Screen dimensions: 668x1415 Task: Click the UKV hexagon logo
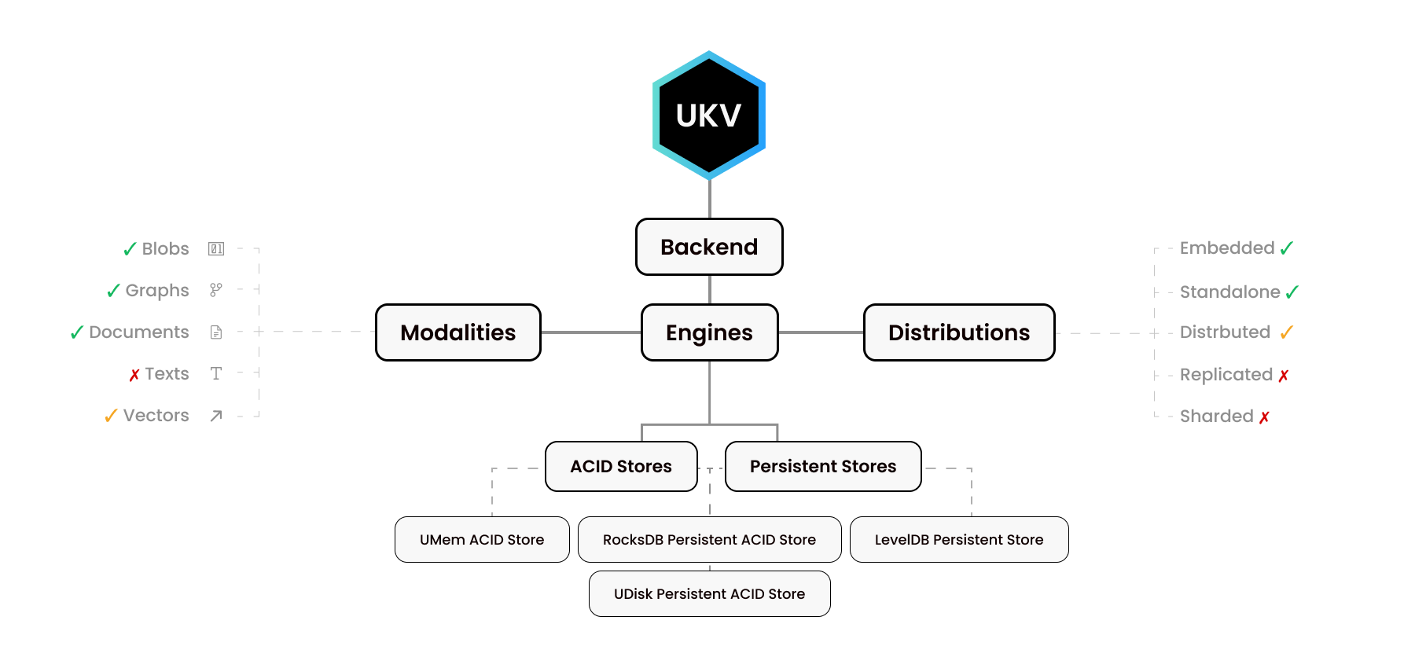pyautogui.click(x=709, y=116)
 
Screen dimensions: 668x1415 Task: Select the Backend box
pyautogui.click(x=709, y=247)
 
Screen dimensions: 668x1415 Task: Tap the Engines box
pyautogui.click(x=709, y=332)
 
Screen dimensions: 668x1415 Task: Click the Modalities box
pyautogui.click(x=458, y=332)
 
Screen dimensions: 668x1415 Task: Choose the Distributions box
pyautogui.click(x=959, y=332)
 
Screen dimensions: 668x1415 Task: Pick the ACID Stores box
pyautogui.click(x=621, y=467)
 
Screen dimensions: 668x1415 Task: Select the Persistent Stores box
pyautogui.click(x=823, y=467)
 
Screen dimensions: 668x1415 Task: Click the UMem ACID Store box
pyautogui.click(x=482, y=540)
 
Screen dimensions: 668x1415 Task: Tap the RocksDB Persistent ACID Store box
pyautogui.click(x=709, y=540)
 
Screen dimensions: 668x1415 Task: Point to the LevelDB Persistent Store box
pyautogui.click(x=959, y=540)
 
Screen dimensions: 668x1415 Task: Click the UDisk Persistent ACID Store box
pyautogui.click(x=709, y=594)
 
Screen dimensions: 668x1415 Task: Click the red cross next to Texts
pyautogui.click(x=134, y=375)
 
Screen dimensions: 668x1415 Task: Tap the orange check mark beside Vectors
pyautogui.click(x=111, y=416)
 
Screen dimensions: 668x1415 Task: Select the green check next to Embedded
pyautogui.click(x=1287, y=248)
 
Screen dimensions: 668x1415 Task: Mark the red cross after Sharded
pyautogui.click(x=1264, y=417)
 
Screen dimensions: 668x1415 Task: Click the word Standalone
pyautogui.click(x=1229, y=292)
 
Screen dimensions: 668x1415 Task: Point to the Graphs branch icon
pyautogui.click(x=216, y=290)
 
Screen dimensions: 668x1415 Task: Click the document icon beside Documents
pyautogui.click(x=216, y=332)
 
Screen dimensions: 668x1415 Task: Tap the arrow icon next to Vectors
pyautogui.click(x=216, y=416)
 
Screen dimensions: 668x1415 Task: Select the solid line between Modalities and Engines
pyautogui.click(x=591, y=332)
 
